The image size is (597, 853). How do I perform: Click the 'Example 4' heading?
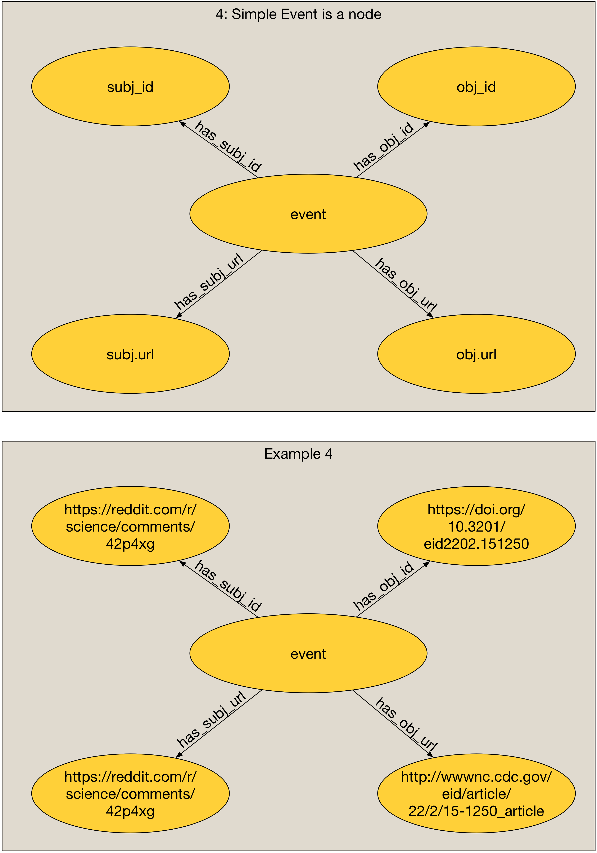[x=298, y=454]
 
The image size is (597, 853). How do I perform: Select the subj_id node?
[x=130, y=87]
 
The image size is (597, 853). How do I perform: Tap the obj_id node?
[x=476, y=87]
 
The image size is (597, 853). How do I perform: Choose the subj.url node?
[x=130, y=354]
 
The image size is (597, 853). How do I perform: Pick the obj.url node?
[x=476, y=354]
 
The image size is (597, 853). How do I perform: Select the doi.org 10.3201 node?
[x=476, y=526]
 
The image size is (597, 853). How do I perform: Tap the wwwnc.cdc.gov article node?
[x=476, y=794]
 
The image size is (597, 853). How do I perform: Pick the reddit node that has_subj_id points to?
[x=130, y=526]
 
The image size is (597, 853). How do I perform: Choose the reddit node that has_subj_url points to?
[x=130, y=794]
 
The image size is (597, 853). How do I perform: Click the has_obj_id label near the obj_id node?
[x=383, y=146]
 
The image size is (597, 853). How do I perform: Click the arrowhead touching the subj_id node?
[x=183, y=124]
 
